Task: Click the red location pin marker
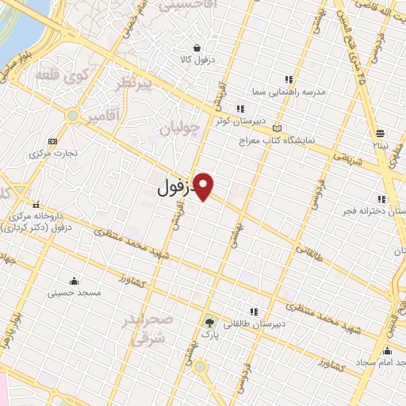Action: (x=205, y=186)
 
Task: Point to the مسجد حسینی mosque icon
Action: (x=75, y=281)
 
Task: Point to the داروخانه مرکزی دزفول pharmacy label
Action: (x=40, y=221)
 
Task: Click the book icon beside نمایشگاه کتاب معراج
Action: (x=277, y=128)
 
